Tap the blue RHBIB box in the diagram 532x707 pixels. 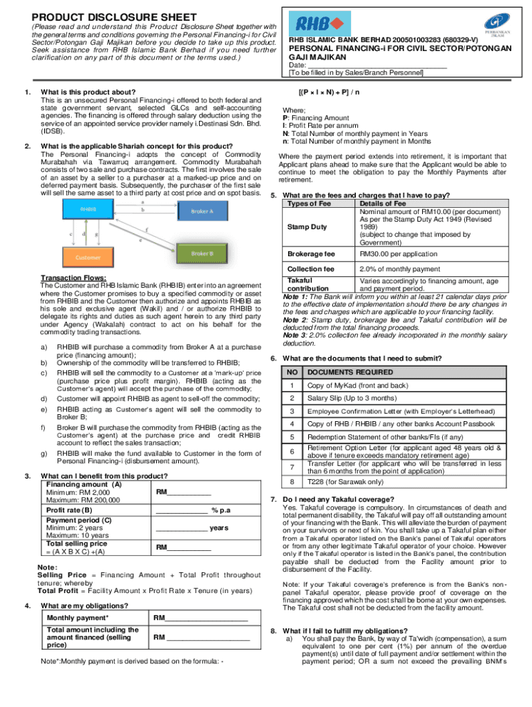pos(88,209)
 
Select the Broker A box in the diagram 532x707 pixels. pos(202,211)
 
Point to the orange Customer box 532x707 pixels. pos(88,258)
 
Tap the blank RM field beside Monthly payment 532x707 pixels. pos(200,618)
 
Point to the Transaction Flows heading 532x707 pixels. pos(74,278)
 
